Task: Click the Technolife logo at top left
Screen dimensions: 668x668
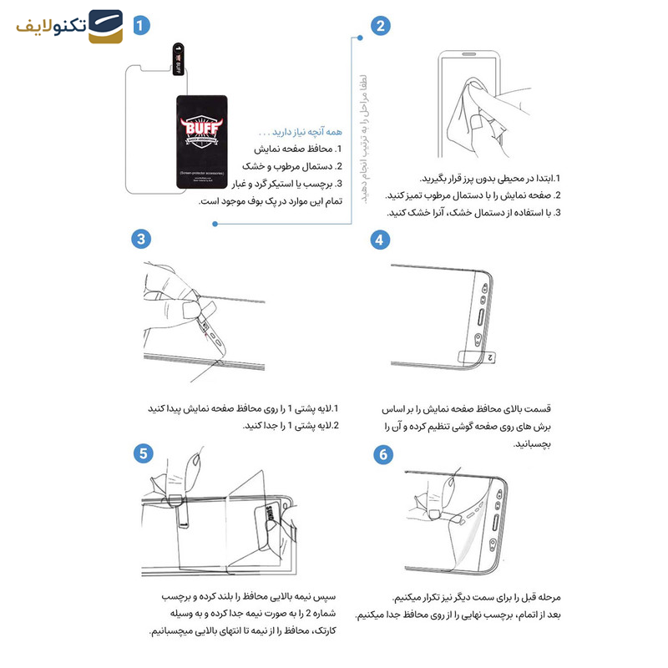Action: [x=70, y=27]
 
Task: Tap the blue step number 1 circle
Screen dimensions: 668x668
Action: [x=142, y=25]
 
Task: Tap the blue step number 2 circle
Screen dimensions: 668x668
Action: [x=381, y=25]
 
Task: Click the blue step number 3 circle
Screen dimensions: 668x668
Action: [x=142, y=240]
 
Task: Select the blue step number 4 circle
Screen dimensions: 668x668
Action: [x=381, y=240]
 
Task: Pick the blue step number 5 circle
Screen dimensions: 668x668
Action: [x=142, y=453]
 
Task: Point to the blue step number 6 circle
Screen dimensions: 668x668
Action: [x=382, y=454]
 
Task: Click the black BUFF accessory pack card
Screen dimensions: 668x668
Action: [x=204, y=148]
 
